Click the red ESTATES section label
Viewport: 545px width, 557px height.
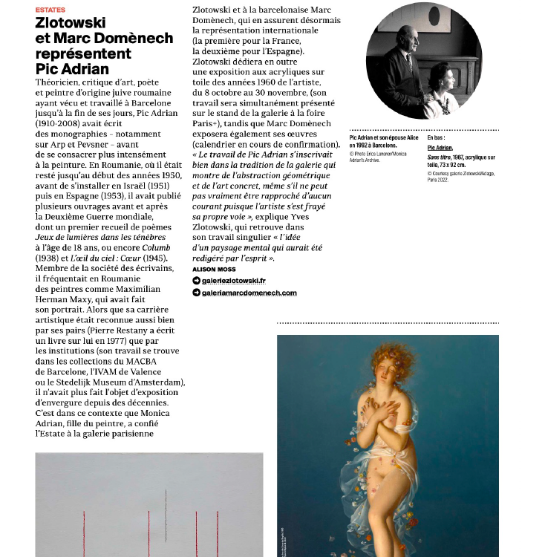[50, 10]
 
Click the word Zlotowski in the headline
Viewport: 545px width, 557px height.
[71, 23]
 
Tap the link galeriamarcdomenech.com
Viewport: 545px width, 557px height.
[249, 293]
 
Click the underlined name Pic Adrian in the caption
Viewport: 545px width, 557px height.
[440, 148]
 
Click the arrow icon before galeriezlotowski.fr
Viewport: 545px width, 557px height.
[196, 281]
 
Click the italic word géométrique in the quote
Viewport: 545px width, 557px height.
[310, 175]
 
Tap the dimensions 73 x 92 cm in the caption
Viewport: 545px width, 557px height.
[460, 165]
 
